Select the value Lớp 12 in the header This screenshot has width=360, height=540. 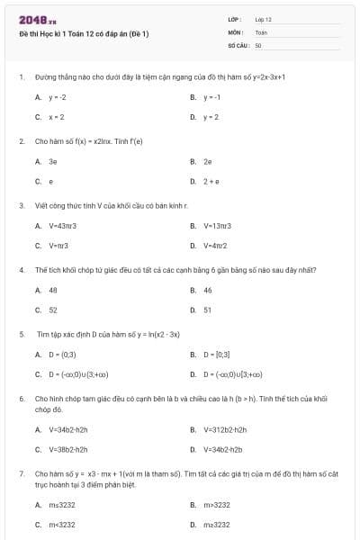pos(263,19)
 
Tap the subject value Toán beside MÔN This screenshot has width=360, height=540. pos(261,31)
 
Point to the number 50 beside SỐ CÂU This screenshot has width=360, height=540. pos(258,44)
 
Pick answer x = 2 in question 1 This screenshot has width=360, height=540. pos(57,117)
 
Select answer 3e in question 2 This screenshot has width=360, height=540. pos(53,161)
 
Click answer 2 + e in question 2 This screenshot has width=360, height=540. pos(211,181)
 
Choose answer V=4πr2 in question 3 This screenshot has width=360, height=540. pos(215,245)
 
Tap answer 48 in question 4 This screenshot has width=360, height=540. pos(53,290)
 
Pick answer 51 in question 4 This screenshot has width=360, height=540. pos(208,310)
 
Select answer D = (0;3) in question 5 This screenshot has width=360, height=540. pos(62,354)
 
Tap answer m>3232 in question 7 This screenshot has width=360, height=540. pos(217,504)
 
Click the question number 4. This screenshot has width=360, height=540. pos(21,269)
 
